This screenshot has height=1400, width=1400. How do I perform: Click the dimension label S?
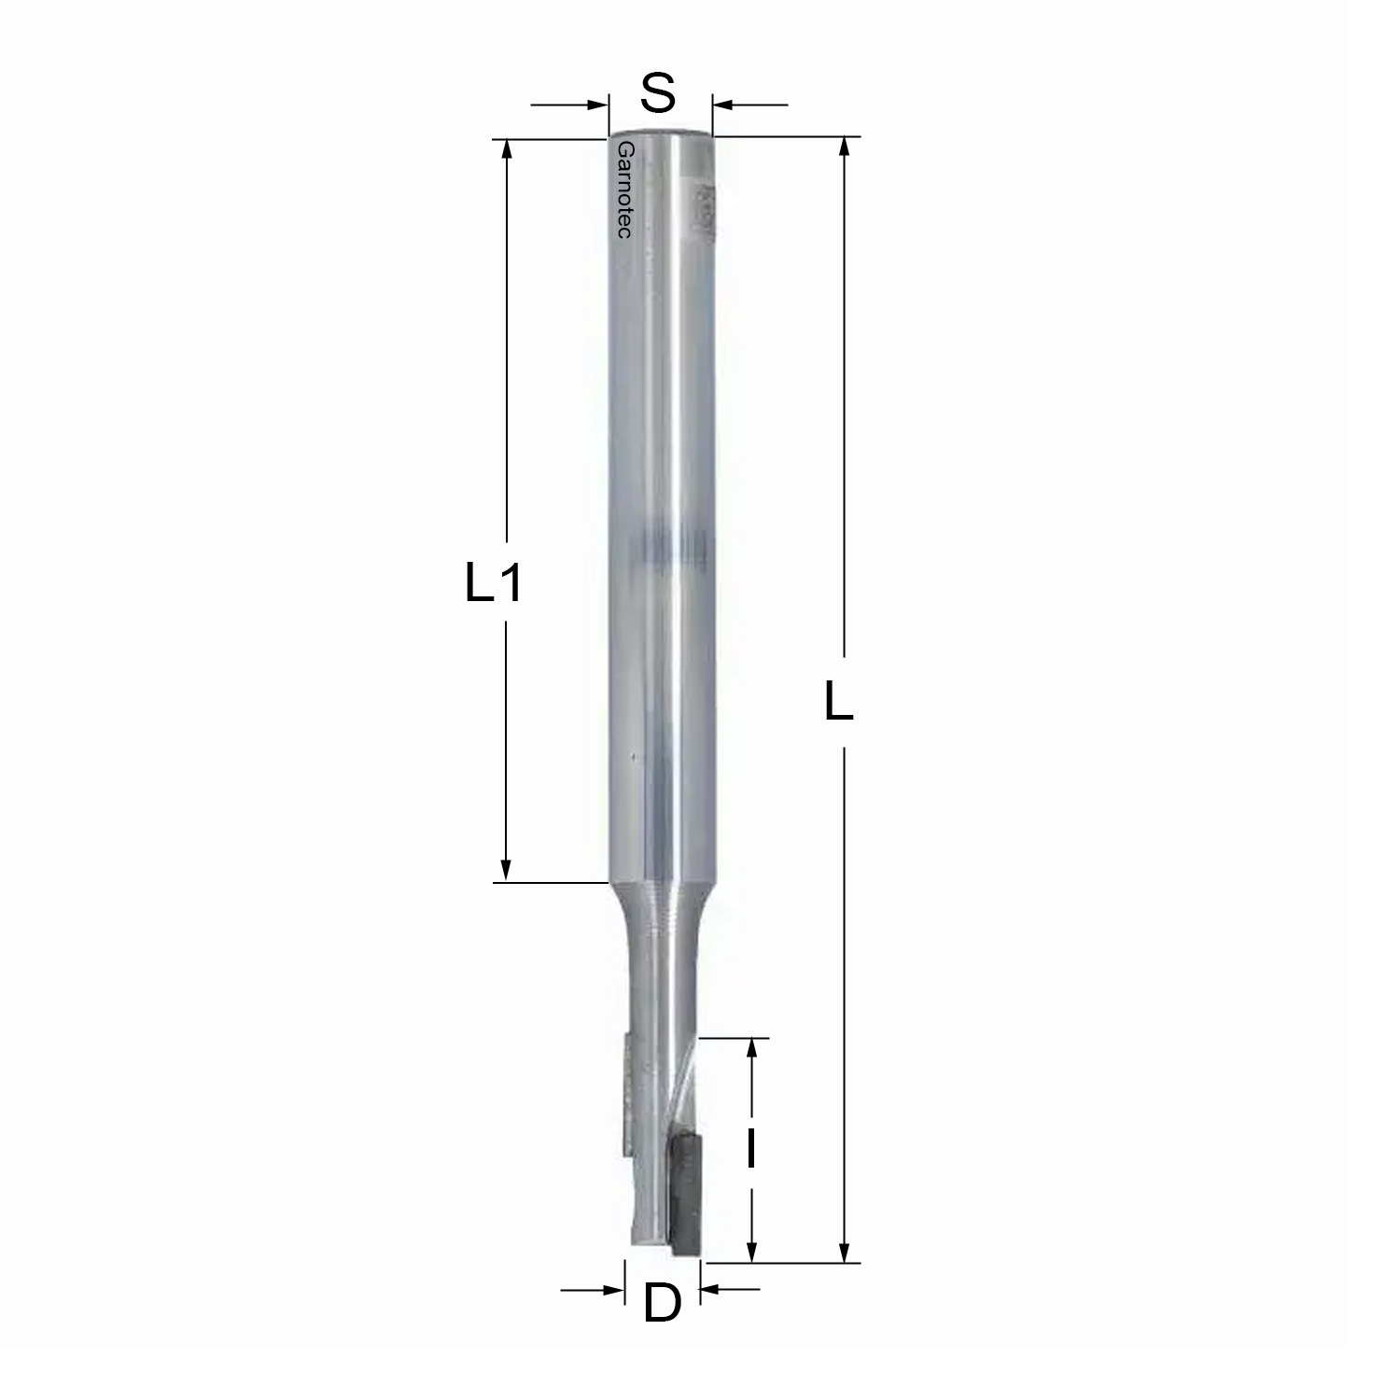[659, 93]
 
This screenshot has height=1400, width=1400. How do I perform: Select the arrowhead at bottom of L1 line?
[507, 867]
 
